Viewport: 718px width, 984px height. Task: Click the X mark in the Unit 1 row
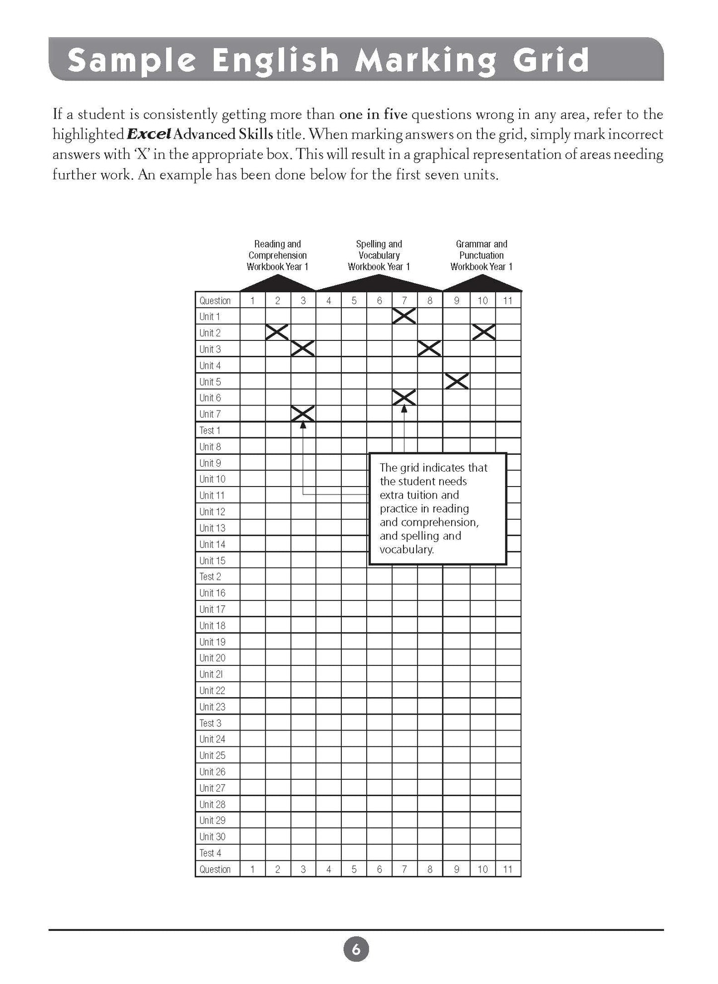click(x=404, y=316)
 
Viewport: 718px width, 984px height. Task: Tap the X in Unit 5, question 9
click(x=457, y=381)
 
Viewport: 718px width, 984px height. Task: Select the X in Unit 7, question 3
click(x=303, y=413)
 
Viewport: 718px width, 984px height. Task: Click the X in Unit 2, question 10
click(x=483, y=332)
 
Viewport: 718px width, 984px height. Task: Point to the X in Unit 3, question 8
click(x=429, y=348)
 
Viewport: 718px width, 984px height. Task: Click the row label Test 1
click(x=210, y=430)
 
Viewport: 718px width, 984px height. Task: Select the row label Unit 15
click(x=212, y=561)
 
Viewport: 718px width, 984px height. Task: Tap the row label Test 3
click(x=210, y=723)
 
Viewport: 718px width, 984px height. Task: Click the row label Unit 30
click(x=212, y=837)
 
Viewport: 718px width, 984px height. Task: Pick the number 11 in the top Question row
click(x=507, y=300)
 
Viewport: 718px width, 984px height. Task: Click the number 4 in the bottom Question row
click(x=328, y=869)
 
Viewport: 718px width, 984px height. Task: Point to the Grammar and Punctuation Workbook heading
click(x=481, y=255)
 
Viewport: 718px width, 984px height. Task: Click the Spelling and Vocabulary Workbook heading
click(x=379, y=255)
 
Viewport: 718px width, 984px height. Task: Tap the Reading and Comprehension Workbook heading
click(x=277, y=255)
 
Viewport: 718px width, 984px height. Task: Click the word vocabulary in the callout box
click(x=406, y=550)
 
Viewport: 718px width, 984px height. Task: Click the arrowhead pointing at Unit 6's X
click(x=404, y=409)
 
